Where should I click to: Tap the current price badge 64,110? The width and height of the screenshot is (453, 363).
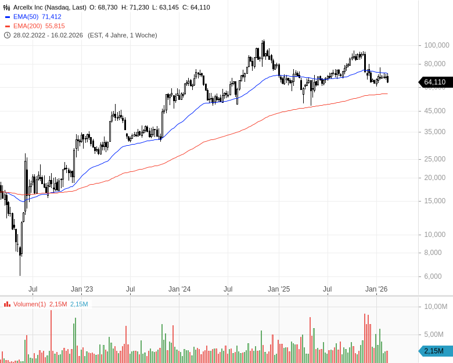click(x=434, y=82)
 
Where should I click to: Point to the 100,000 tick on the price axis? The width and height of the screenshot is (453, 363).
click(x=437, y=45)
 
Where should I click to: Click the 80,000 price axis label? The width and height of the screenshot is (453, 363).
click(x=435, y=64)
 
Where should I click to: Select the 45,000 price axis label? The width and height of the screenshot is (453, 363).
click(x=435, y=111)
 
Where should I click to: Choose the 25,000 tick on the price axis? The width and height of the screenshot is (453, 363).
click(x=435, y=159)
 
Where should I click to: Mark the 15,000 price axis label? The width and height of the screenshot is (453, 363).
click(x=435, y=201)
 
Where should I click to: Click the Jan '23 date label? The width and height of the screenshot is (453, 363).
click(x=82, y=289)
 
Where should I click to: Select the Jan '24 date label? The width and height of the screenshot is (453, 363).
click(x=179, y=289)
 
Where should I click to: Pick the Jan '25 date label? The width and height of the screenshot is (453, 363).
click(x=278, y=289)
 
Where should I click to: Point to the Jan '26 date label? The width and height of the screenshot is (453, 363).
click(x=376, y=289)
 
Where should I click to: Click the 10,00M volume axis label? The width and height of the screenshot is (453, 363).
click(x=435, y=307)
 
